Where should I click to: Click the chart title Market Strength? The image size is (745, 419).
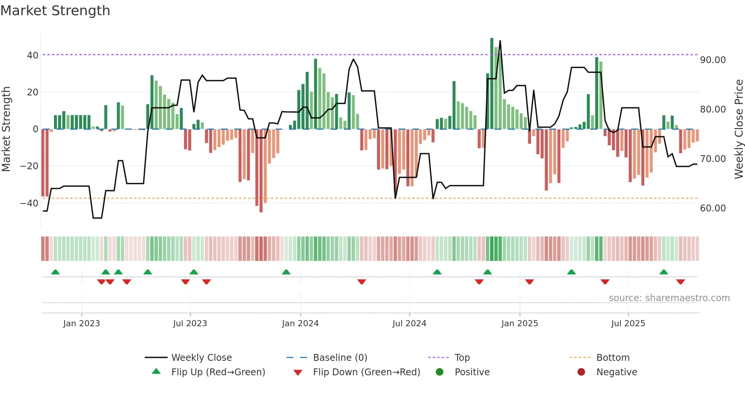tap(55, 11)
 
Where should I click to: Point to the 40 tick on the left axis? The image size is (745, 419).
tap(32, 56)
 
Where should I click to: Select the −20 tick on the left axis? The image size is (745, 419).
tap(29, 166)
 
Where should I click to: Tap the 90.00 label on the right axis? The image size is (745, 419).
tap(713, 60)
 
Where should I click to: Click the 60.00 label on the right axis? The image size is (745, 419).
tap(713, 208)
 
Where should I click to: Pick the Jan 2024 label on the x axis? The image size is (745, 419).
tap(300, 324)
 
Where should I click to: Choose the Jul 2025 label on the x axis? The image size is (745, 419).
tap(628, 324)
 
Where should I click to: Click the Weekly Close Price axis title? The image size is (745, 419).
tap(739, 129)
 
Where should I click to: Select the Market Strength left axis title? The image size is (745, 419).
tap(6, 129)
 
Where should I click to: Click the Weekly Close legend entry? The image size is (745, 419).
tap(201, 358)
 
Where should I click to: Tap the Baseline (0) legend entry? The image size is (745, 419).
tap(340, 358)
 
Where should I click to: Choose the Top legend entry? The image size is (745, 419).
tap(462, 358)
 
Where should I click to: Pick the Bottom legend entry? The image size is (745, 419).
tap(613, 358)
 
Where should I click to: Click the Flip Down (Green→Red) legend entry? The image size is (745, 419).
tap(366, 372)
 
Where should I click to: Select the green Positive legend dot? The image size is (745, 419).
tap(439, 372)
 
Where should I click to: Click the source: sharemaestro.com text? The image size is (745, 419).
tap(669, 298)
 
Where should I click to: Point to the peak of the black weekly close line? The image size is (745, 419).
tap(500, 41)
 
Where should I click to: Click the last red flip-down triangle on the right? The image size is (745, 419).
tap(680, 282)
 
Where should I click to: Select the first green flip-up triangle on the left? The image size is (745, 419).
tap(55, 272)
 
